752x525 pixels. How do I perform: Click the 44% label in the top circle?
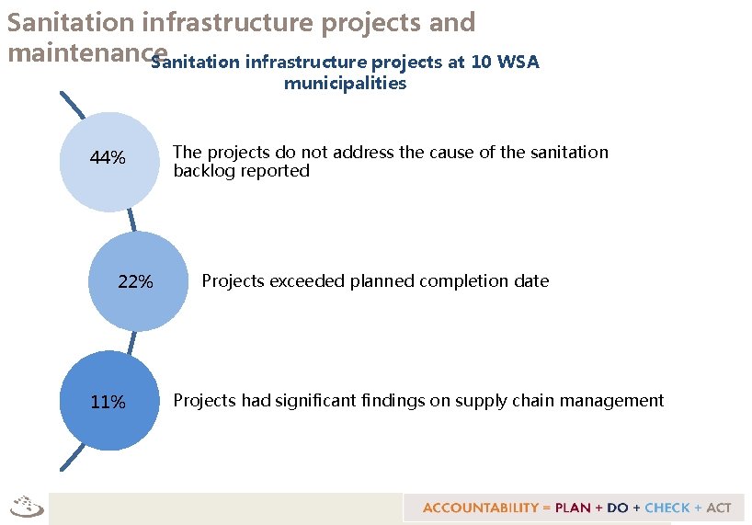pyautogui.click(x=108, y=159)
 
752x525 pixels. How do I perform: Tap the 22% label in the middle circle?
pyautogui.click(x=136, y=282)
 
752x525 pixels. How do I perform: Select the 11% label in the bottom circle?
pyautogui.click(x=108, y=403)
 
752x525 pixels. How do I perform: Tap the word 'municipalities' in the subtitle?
pyautogui.click(x=345, y=84)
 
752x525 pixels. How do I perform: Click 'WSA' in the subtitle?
pyautogui.click(x=518, y=63)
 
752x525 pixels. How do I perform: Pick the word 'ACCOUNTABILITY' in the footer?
pyautogui.click(x=480, y=508)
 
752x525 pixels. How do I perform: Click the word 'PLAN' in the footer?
pyautogui.click(x=573, y=508)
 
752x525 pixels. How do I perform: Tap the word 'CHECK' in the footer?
pyautogui.click(x=668, y=508)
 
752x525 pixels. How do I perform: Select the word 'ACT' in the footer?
pyautogui.click(x=719, y=508)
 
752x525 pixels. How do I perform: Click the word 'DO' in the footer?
pyautogui.click(x=618, y=508)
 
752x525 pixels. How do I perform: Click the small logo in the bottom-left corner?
pyautogui.click(x=27, y=506)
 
